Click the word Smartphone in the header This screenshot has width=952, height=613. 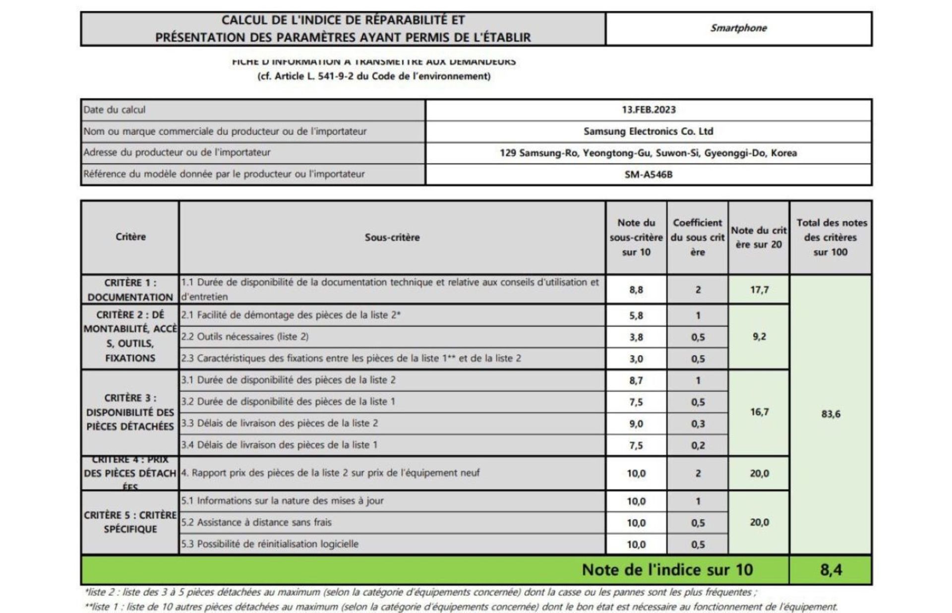(738, 28)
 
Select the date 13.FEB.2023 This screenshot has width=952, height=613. (649, 110)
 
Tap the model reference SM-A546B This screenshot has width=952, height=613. (649, 175)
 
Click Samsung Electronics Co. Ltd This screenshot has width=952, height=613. (649, 131)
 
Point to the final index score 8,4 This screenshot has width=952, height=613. (831, 570)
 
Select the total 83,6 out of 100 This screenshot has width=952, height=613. (831, 414)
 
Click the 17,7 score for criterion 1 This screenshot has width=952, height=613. (759, 290)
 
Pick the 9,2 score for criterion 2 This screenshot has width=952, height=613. (759, 337)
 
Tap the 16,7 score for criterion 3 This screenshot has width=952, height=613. (759, 412)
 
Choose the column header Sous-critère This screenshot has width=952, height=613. (392, 238)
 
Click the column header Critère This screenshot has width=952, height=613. (130, 237)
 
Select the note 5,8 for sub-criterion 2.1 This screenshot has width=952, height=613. (636, 315)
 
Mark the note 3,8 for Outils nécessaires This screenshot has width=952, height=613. (636, 337)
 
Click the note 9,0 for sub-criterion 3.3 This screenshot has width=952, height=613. (636, 424)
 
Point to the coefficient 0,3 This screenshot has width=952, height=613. (698, 424)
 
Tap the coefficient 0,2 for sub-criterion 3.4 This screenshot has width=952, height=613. (698, 445)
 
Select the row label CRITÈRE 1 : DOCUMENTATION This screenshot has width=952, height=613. (130, 290)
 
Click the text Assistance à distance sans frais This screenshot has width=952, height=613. (264, 522)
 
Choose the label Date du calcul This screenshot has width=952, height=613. (115, 110)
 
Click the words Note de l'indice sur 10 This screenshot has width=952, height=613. (667, 570)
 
